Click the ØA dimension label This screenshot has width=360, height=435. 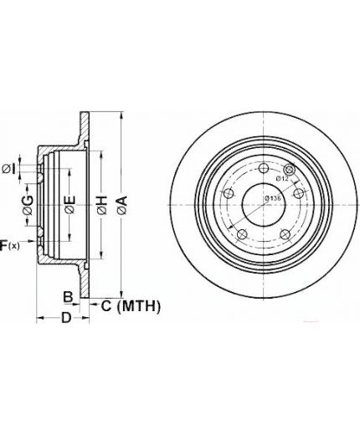click(x=122, y=205)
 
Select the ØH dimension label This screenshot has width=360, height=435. click(x=102, y=205)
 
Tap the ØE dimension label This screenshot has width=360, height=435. click(x=69, y=205)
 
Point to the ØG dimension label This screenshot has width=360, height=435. click(x=28, y=205)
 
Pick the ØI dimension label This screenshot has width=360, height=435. click(x=8, y=169)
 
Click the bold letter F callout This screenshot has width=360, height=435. click(x=3, y=245)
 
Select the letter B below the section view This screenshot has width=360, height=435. click(x=68, y=297)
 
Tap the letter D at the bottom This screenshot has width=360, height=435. click(x=66, y=318)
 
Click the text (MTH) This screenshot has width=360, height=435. click(x=139, y=306)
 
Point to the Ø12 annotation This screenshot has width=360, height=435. click(x=282, y=178)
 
